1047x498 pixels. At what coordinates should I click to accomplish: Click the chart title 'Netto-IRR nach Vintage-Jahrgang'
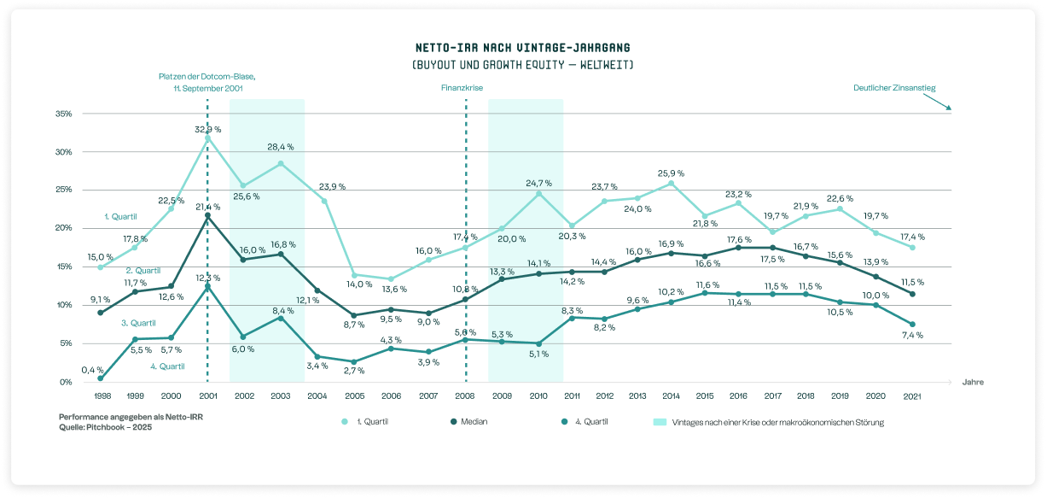523,47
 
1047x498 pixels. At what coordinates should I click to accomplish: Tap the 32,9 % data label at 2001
207,129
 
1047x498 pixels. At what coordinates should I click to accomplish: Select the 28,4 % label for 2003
281,147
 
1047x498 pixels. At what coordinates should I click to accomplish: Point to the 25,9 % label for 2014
671,173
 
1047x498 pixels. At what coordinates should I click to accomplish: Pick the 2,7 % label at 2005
354,371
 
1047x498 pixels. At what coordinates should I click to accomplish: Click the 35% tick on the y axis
64,114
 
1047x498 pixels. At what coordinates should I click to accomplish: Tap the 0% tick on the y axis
66,382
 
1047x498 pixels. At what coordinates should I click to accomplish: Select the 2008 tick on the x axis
465,396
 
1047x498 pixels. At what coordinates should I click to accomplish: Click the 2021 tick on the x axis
912,396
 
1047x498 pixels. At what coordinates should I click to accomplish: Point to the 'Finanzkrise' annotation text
461,88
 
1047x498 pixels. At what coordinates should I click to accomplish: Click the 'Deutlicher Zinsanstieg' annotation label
894,88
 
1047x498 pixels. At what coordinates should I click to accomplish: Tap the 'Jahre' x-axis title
973,382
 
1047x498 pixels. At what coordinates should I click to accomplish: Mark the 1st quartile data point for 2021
912,248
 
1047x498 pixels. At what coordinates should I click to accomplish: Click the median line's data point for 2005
354,315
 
